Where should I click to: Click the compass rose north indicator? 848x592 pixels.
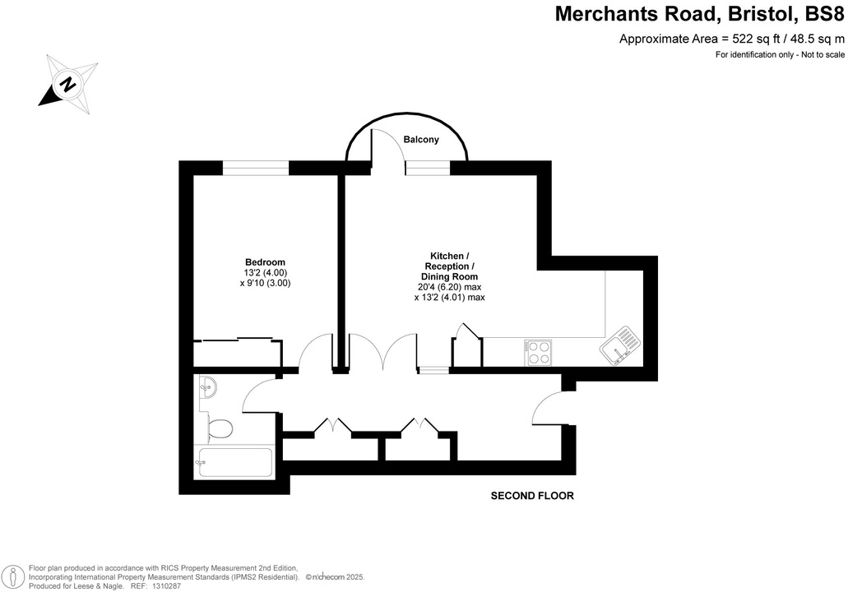point(68,83)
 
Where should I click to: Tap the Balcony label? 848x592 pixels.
point(421,140)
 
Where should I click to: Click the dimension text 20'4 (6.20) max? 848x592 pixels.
point(449,288)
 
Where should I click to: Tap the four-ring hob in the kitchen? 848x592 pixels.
point(538,353)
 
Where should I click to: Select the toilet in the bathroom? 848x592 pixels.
point(219,428)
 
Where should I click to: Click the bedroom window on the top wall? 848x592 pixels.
point(256,168)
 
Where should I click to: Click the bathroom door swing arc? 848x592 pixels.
point(261,395)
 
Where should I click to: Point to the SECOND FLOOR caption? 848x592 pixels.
point(531,496)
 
